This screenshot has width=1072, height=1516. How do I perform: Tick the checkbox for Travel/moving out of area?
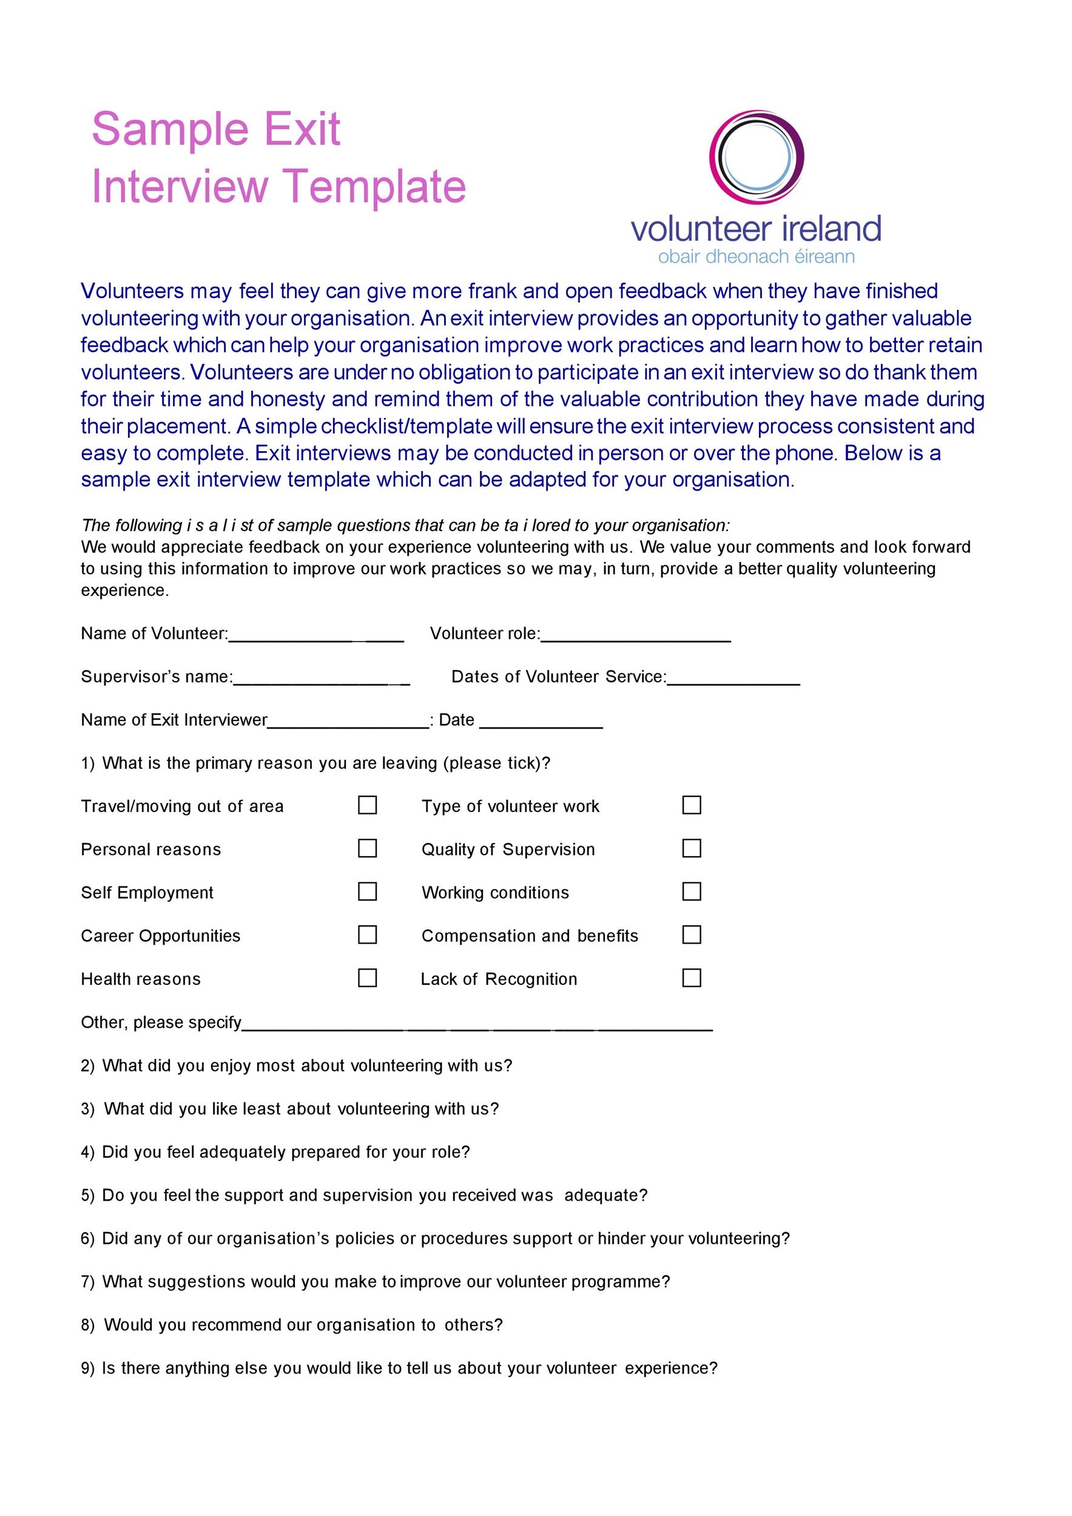click(x=367, y=805)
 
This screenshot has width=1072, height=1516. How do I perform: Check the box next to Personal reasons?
click(x=367, y=848)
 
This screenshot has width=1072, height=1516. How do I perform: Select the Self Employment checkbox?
click(x=367, y=891)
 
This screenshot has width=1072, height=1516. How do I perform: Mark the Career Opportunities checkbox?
click(x=367, y=934)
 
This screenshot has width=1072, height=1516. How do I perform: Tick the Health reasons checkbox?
click(x=367, y=978)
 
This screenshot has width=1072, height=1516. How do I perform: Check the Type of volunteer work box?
click(x=692, y=805)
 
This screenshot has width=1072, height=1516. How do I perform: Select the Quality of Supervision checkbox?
click(x=692, y=848)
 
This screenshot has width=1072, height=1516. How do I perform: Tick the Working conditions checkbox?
click(x=692, y=891)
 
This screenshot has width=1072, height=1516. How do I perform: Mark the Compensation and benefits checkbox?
click(x=692, y=934)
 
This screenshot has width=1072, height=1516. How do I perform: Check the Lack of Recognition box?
click(x=692, y=978)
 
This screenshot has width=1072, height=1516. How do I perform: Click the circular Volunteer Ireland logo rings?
click(x=757, y=156)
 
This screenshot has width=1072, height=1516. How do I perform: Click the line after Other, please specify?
click(x=477, y=1025)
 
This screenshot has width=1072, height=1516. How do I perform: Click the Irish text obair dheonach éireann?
click(x=757, y=256)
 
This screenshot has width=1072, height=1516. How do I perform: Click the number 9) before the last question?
click(x=88, y=1369)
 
